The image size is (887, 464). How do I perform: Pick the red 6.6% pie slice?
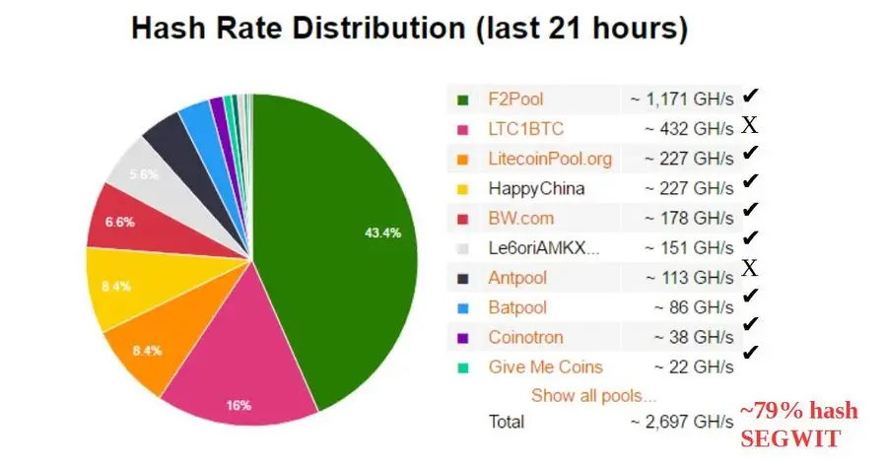pyautogui.click(x=123, y=223)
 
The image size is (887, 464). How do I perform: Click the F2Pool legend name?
pyautogui.click(x=515, y=99)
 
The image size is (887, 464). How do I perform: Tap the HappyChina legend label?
pyautogui.click(x=536, y=188)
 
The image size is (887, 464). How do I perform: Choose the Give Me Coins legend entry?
pyautogui.click(x=545, y=366)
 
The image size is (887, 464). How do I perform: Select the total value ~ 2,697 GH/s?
pyautogui.click(x=679, y=422)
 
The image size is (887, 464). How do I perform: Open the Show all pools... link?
pyautogui.click(x=593, y=396)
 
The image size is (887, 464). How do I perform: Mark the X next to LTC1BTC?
pyautogui.click(x=750, y=126)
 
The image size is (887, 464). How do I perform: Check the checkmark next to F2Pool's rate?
pyautogui.click(x=751, y=97)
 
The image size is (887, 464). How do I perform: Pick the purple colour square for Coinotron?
pyautogui.click(x=461, y=338)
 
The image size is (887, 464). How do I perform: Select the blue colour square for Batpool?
pyautogui.click(x=461, y=308)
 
